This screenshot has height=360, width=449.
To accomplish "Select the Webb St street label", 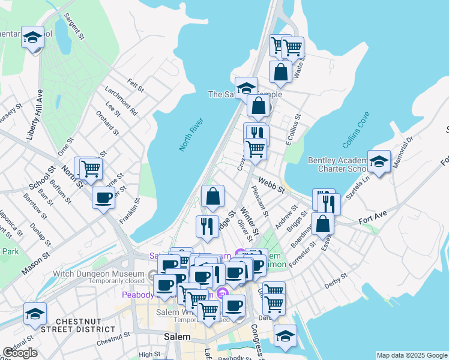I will (x=272, y=184).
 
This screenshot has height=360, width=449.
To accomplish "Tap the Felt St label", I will (x=136, y=85).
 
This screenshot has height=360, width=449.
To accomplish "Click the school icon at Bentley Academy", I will (x=379, y=161).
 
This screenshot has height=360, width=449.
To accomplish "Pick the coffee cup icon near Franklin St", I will (x=103, y=197).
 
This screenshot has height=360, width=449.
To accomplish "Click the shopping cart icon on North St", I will (x=91, y=169).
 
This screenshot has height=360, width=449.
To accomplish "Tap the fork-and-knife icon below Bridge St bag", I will (x=206, y=226).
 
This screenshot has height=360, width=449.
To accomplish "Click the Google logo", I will (x=20, y=353).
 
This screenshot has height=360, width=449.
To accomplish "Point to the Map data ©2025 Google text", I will (x=412, y=355).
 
